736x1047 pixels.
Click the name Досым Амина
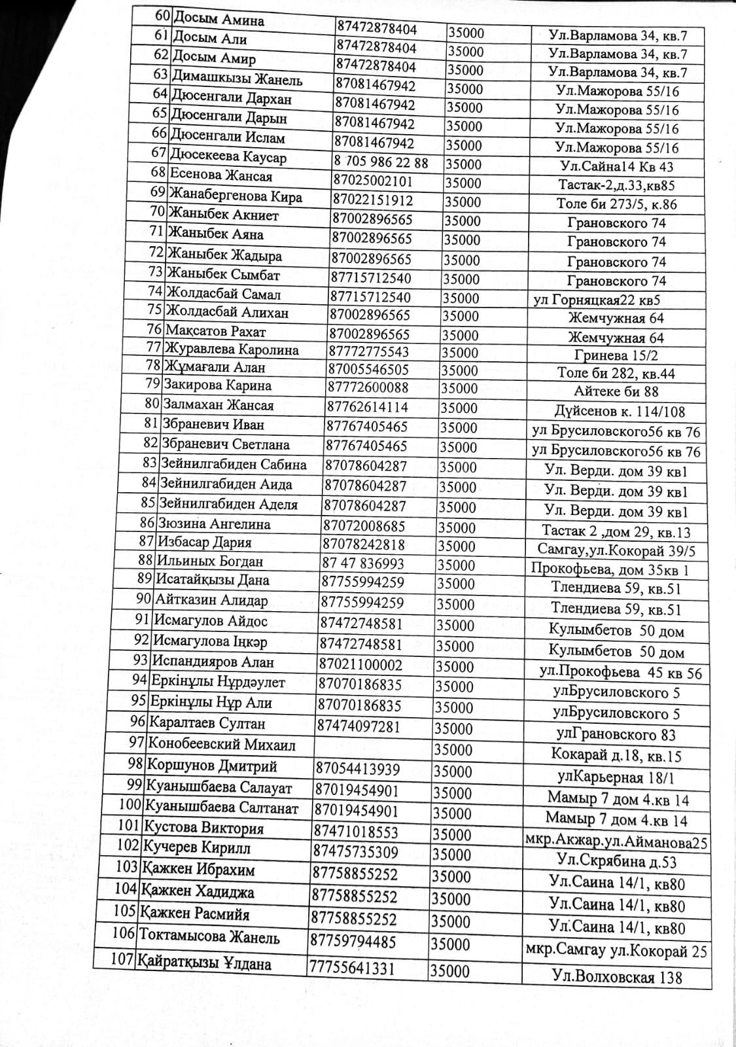217,20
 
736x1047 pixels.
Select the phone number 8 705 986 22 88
381,162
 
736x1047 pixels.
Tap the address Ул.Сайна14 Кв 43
616,166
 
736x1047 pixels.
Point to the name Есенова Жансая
220,175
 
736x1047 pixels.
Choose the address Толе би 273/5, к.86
616,204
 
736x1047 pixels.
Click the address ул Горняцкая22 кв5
597,300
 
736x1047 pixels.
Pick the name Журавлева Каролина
232,349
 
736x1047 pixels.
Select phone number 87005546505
369,369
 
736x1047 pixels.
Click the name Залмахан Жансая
219,405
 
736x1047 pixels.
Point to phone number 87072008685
363,525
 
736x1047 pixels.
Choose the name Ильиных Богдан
209,561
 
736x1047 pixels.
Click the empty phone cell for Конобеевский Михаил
373,747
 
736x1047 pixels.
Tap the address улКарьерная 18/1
616,777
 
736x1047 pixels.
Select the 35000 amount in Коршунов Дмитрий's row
453,772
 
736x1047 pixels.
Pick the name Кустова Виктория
203,828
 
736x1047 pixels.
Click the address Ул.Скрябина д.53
616,861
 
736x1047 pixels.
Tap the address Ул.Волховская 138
616,977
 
